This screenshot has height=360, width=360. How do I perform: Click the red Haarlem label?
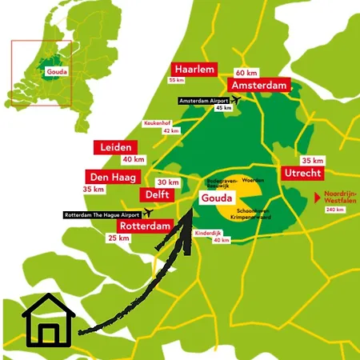coord(194,70)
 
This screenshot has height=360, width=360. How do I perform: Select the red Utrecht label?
coord(302,173)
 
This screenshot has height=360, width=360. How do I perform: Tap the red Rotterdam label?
coord(146,226)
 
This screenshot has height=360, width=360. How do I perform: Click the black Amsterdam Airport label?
coord(204,100)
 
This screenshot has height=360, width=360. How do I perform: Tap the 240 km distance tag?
coord(334,210)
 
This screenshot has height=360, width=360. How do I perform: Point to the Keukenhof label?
coord(157,123)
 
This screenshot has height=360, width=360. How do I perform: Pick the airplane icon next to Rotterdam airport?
coord(148,214)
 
